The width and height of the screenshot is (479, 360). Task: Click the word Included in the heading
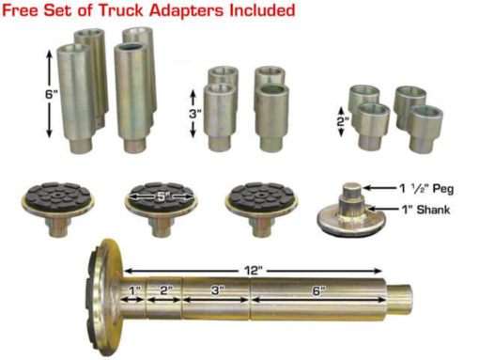(262, 10)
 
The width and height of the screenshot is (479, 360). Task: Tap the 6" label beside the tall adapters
(49, 94)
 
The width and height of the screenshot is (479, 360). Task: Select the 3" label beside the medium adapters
(194, 114)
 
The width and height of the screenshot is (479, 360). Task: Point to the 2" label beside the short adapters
(343, 121)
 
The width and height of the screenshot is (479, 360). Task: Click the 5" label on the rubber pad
(161, 196)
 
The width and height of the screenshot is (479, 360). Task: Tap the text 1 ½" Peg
(426, 188)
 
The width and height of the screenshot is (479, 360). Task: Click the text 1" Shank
(426, 209)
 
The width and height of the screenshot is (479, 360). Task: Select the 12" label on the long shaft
(253, 271)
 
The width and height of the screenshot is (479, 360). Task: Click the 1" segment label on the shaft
(133, 290)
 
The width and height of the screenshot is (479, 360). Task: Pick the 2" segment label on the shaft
(165, 290)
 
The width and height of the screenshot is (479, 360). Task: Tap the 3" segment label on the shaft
(216, 290)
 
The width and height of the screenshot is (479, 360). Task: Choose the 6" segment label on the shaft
(317, 291)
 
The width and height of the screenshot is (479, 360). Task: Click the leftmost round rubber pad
(57, 209)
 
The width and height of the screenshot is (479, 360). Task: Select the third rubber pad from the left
(261, 209)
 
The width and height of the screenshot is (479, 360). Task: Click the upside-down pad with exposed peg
(350, 211)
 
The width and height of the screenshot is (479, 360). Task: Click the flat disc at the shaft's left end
(104, 297)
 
